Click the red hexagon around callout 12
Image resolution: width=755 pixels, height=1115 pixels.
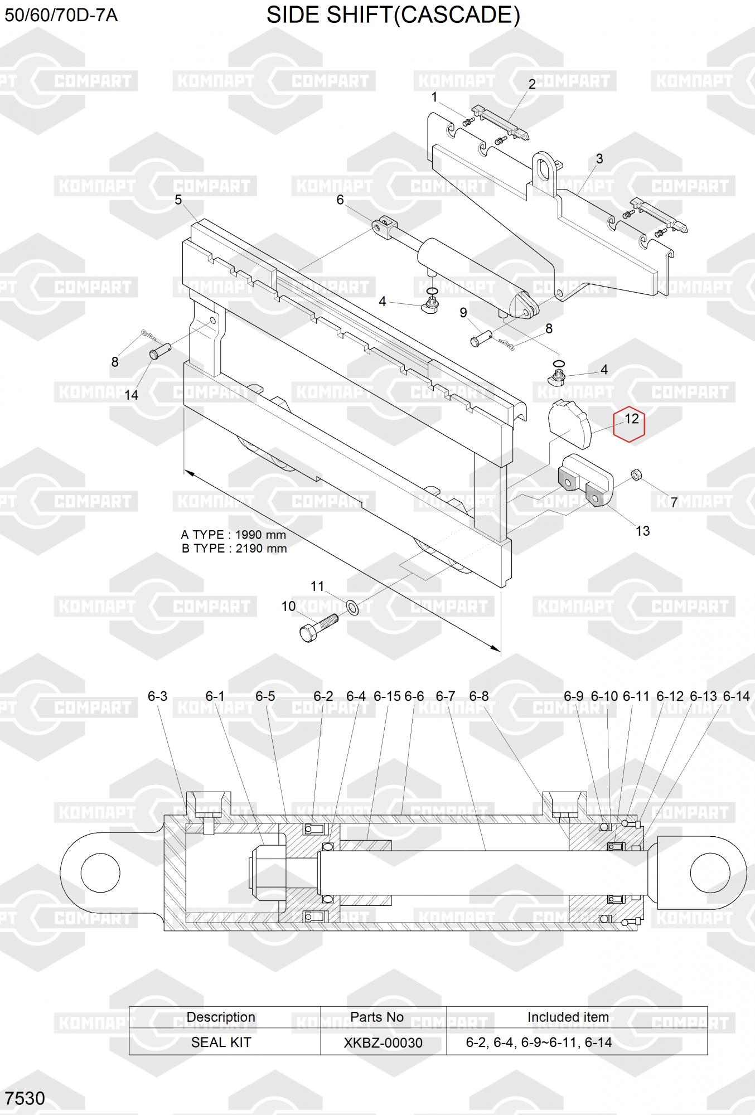[x=629, y=425]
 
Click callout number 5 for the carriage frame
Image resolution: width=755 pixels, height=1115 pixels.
[x=178, y=200]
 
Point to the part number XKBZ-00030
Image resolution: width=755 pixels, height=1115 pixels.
[x=383, y=1043]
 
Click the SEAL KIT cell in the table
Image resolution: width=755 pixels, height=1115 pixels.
[x=221, y=1043]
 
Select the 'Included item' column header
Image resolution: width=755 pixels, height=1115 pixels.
[x=568, y=1017]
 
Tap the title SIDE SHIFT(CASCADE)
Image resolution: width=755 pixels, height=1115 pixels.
[x=393, y=15]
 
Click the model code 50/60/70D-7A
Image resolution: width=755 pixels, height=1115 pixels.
[x=61, y=15]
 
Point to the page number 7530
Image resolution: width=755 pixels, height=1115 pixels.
[x=25, y=1098]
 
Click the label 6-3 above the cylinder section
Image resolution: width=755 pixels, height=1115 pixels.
[x=157, y=696]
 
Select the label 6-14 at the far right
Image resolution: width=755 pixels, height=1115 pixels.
[x=736, y=696]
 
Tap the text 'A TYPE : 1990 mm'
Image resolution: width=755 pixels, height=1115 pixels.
[x=233, y=535]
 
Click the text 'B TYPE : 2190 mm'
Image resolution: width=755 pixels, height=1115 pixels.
[x=234, y=549]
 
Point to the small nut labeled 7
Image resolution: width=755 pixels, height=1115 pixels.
[x=636, y=475]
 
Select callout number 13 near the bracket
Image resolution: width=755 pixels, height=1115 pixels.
[x=642, y=531]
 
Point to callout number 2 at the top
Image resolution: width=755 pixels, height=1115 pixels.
[x=532, y=84]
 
